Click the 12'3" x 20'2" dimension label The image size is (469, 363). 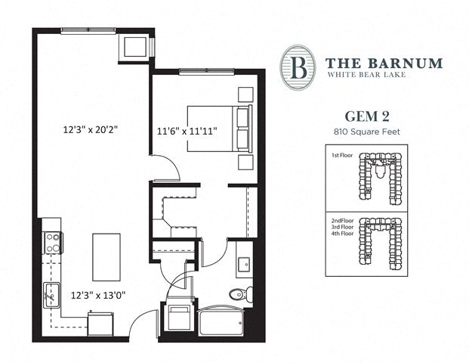pyautogui.click(x=90, y=130)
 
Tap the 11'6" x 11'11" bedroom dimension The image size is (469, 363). pyautogui.click(x=187, y=131)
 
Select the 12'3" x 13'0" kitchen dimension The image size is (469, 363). pyautogui.click(x=98, y=296)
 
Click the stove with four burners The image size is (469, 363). pyautogui.click(x=53, y=243)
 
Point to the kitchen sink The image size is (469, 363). pyautogui.click(x=52, y=295)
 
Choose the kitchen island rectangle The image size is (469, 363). pyautogui.click(x=106, y=257)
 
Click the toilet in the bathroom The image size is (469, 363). pyautogui.click(x=241, y=294)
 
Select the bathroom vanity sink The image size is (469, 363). pyautogui.click(x=244, y=265)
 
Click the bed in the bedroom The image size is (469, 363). pyautogui.click(x=220, y=129)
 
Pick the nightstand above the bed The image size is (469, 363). pyautogui.click(x=246, y=95)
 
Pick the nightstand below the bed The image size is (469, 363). pyautogui.click(x=246, y=163)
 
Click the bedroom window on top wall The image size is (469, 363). pyautogui.click(x=207, y=71)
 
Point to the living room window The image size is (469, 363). pyautogui.click(x=88, y=30)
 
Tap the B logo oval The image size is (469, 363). pyautogui.click(x=298, y=67)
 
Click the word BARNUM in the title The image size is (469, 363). pyautogui.click(x=406, y=64)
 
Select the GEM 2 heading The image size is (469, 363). pyautogui.click(x=367, y=116)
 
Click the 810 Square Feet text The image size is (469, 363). pyautogui.click(x=367, y=132)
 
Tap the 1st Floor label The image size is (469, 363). pyautogui.click(x=342, y=155)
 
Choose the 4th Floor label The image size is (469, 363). pyautogui.click(x=342, y=234)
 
